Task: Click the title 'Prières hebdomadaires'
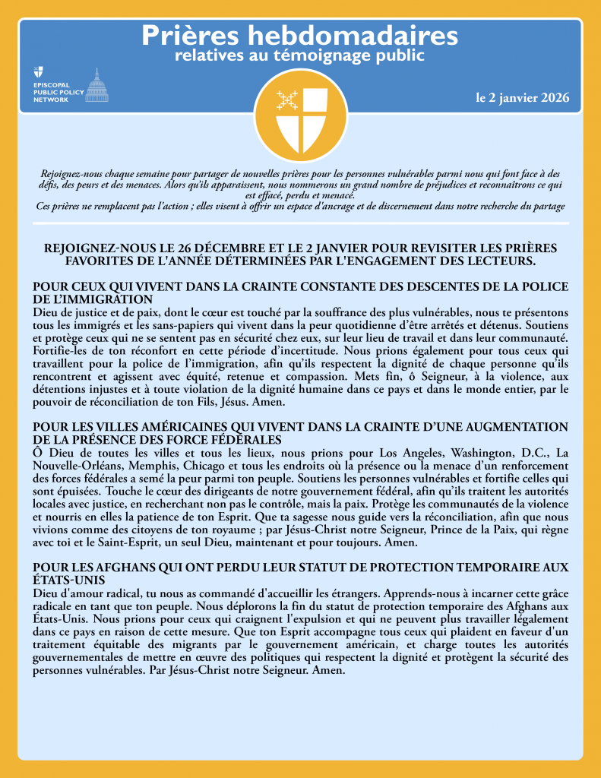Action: tap(300, 35)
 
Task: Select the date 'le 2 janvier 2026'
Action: tap(522, 99)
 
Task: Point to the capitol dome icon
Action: tap(96, 85)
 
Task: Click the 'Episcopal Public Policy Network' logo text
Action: tap(57, 90)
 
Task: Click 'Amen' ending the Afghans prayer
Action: tap(331, 672)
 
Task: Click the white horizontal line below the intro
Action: tap(300, 223)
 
